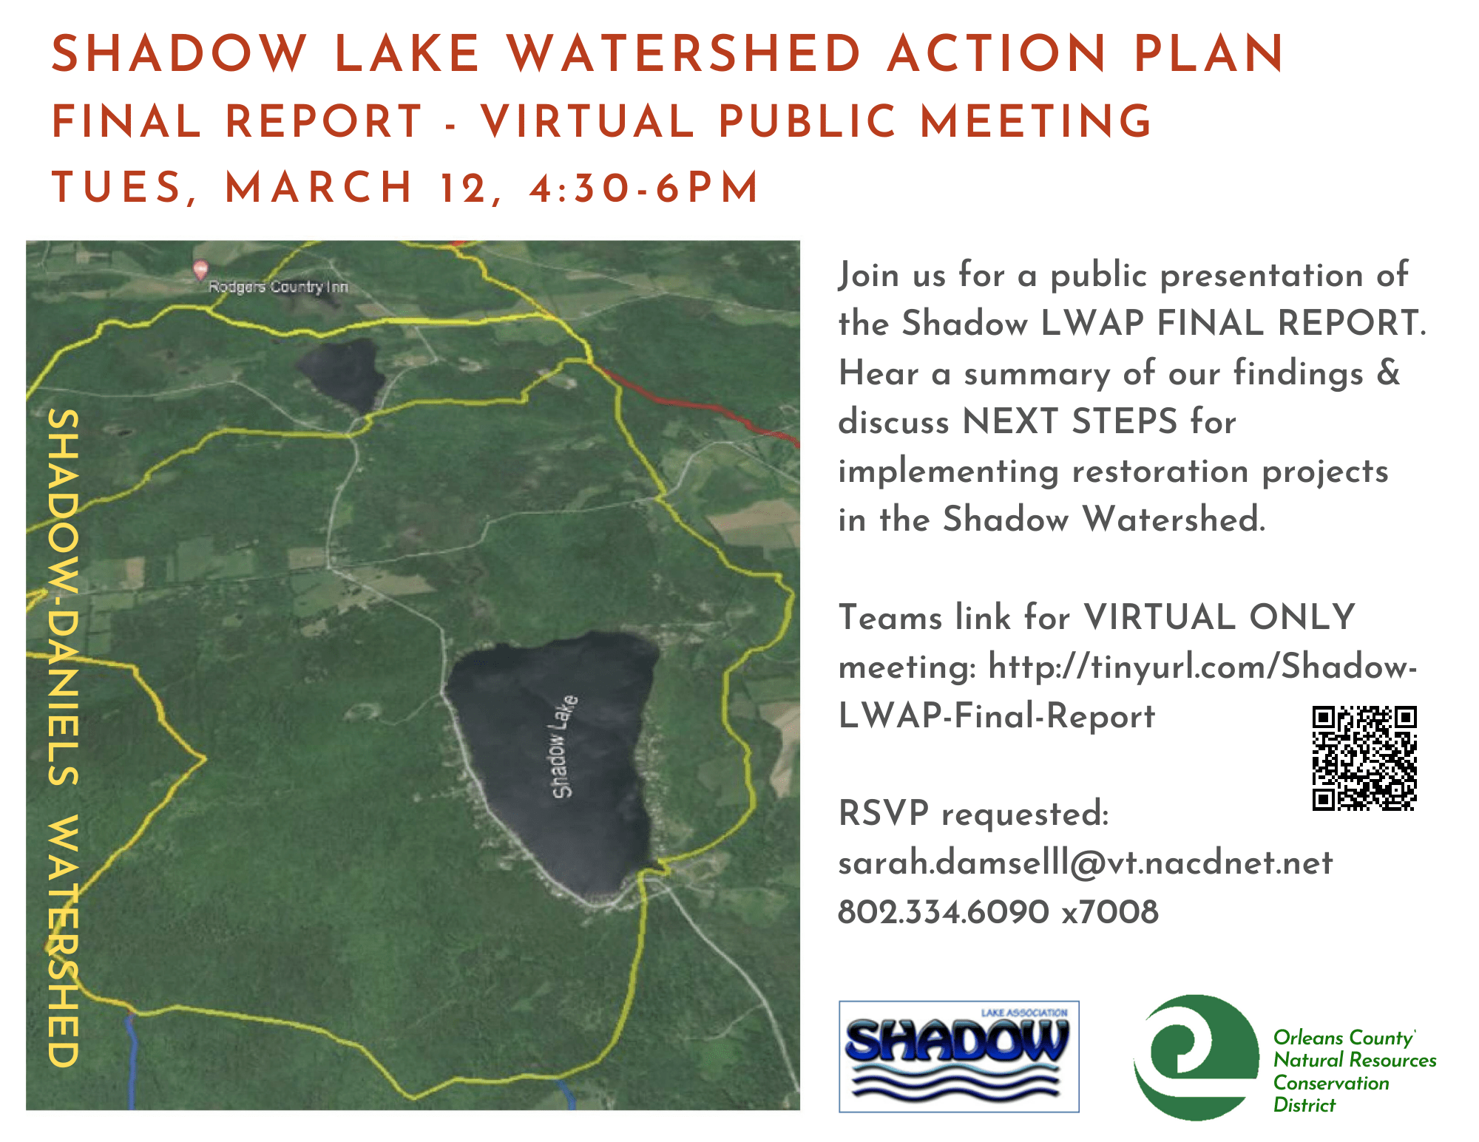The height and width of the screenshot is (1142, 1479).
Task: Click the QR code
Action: [1364, 758]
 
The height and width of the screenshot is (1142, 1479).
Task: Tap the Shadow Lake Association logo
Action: [958, 1056]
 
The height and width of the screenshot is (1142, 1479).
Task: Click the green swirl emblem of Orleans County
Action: [1194, 1056]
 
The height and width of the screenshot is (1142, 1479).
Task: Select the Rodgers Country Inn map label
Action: [278, 287]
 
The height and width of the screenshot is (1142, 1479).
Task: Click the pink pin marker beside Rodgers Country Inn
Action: [200, 271]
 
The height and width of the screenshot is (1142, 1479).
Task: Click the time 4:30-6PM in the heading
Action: [644, 188]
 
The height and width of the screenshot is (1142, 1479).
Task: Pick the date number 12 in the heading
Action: [463, 188]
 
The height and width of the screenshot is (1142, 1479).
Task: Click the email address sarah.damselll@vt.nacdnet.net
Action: [1085, 863]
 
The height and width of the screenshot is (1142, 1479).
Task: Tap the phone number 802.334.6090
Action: [943, 912]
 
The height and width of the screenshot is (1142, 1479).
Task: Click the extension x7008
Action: [1110, 912]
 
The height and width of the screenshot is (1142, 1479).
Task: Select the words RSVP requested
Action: [973, 814]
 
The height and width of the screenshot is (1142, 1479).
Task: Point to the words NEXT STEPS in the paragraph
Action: [1069, 421]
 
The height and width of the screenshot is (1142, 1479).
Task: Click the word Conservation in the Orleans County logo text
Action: [1331, 1083]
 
